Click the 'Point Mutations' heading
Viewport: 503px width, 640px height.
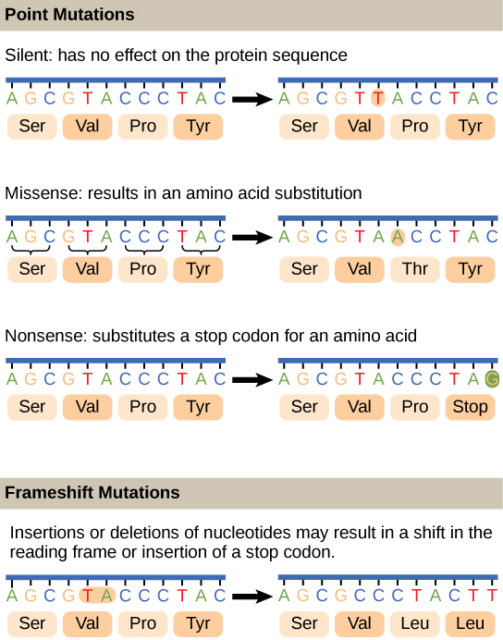point(69,16)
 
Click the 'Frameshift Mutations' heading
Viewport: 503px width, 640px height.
point(92,492)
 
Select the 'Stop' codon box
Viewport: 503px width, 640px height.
point(470,406)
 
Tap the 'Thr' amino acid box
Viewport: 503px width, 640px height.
point(414,269)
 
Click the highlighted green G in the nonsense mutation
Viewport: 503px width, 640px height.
point(492,378)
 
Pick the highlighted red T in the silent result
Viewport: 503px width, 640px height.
point(377,97)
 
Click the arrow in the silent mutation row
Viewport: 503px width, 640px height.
point(250,98)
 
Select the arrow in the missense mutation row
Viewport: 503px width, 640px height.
point(250,237)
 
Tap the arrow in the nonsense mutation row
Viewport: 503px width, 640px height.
point(250,378)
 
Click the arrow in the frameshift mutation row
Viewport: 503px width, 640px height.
point(250,597)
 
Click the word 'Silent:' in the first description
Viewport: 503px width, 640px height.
point(29,55)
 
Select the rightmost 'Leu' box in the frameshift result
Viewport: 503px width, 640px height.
point(470,623)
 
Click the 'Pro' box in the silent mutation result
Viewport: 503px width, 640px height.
point(414,126)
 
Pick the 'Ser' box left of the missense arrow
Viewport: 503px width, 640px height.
point(32,269)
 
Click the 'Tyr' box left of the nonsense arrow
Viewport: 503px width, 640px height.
point(198,406)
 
